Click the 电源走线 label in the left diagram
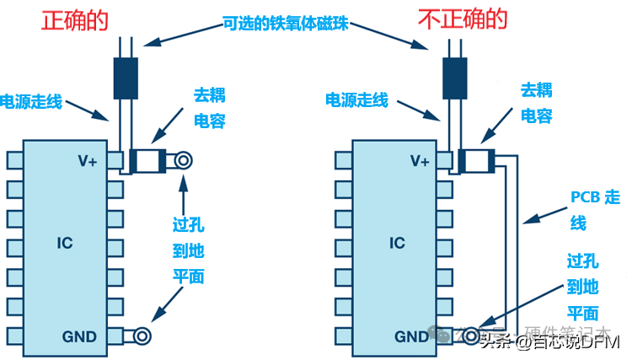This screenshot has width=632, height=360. tap(30, 100)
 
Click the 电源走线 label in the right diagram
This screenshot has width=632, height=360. tap(356, 100)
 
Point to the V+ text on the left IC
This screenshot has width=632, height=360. tap(86, 160)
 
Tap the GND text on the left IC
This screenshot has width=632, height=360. tap(79, 336)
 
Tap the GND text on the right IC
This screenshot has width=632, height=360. tap(412, 336)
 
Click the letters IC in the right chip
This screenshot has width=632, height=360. tap(397, 244)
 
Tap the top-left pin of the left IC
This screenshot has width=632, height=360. tap(13, 160)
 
